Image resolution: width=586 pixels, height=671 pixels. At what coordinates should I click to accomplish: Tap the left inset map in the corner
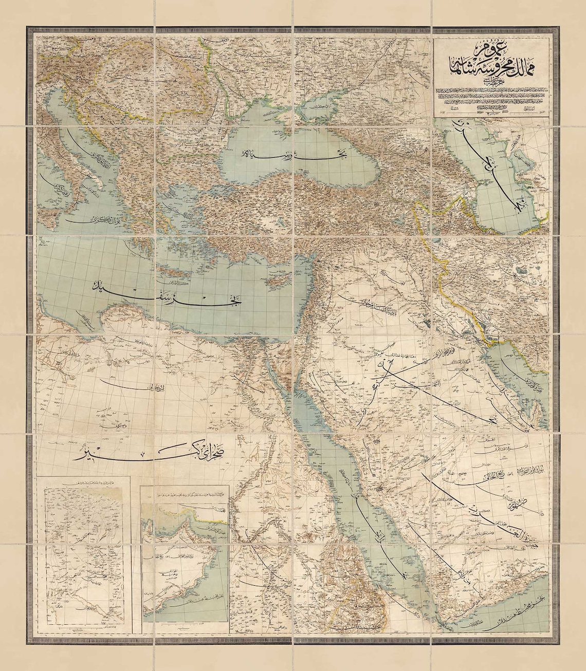(85, 545)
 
